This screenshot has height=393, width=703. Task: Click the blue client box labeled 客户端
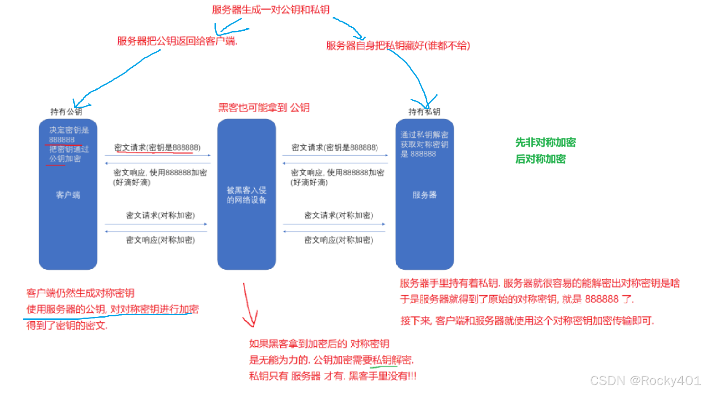coord(68,195)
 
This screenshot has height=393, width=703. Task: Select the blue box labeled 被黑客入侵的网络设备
coord(247,195)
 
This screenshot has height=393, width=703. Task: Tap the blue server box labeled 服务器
coord(424,195)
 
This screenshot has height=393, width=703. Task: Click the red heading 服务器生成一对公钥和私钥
coord(271,10)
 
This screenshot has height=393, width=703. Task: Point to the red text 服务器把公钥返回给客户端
coord(177,41)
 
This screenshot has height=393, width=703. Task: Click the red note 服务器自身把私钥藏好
coord(398,45)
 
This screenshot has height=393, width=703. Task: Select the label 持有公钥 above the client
coord(66,112)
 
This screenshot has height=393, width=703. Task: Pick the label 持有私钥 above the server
coord(424,112)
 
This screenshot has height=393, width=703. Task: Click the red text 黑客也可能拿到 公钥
coord(264,108)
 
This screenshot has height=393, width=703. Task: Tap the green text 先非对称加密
coord(545,142)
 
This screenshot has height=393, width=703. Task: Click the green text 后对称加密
coord(540,159)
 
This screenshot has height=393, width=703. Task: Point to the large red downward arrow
coord(250,305)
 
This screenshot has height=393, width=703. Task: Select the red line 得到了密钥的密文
coord(67,325)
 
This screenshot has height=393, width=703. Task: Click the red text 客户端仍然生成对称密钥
coord(80,293)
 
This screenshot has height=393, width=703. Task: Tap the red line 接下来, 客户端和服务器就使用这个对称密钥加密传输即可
coord(527,321)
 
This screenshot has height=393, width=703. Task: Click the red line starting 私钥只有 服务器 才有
coord(333,376)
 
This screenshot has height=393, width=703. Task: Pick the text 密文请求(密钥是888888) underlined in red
coord(157,147)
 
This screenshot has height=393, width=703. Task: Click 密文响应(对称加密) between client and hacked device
coord(160,240)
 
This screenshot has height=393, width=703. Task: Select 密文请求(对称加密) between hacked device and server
coord(338,215)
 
